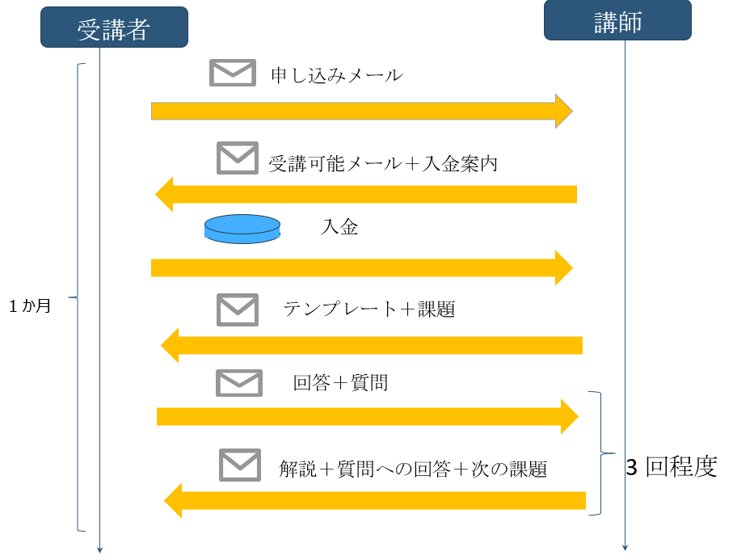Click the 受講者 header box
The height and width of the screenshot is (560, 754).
[114, 28]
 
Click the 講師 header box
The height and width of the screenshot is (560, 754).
[617, 21]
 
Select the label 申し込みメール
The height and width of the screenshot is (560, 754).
[337, 76]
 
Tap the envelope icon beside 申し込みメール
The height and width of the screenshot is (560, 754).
[232, 73]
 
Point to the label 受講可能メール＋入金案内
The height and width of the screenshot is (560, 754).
[383, 163]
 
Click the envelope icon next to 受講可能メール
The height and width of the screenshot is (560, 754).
[238, 158]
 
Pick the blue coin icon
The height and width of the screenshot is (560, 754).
[242, 229]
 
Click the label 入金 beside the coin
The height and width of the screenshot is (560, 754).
[339, 228]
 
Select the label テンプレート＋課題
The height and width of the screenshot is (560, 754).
[369, 309]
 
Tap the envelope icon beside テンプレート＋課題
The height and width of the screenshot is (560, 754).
[238, 309]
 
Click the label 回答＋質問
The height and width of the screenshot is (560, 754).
[340, 382]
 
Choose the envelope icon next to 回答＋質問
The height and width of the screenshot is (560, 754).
[239, 382]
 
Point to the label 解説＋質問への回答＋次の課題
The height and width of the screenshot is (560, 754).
[413, 469]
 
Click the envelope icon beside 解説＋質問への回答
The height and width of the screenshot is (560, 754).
[240, 465]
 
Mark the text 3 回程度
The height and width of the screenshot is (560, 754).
[672, 467]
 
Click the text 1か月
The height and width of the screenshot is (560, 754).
[30, 307]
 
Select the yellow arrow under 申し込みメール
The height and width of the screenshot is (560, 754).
[361, 111]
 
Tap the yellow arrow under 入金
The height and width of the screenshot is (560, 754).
[361, 267]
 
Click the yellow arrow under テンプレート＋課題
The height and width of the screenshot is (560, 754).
[372, 346]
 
